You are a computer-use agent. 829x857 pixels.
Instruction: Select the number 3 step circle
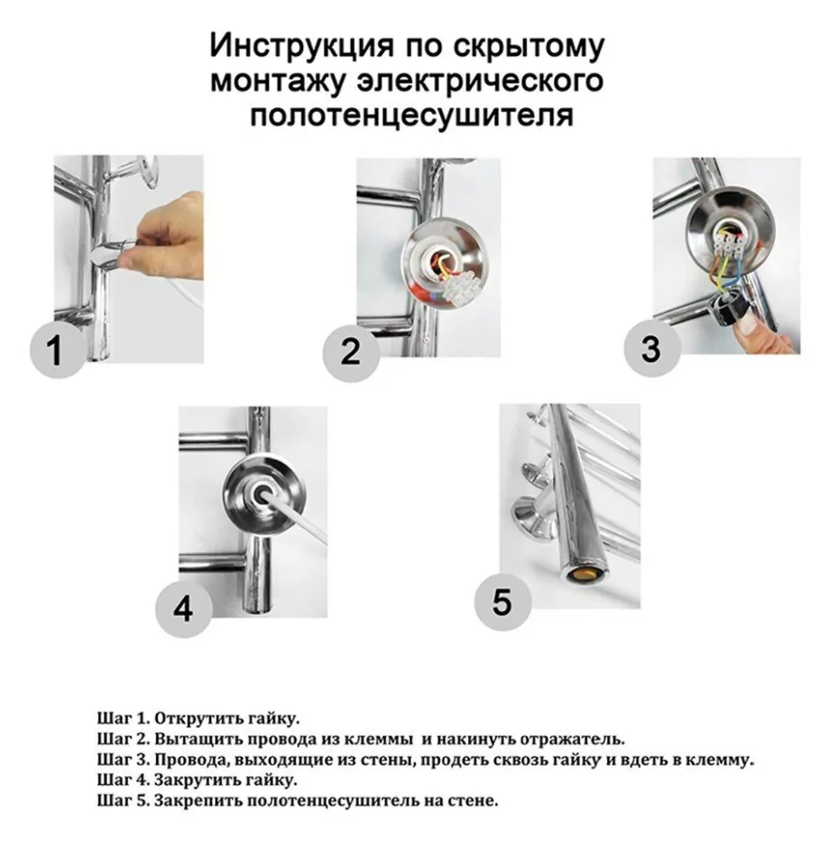click(650, 347)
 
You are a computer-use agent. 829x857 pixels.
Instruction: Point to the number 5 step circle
click(502, 601)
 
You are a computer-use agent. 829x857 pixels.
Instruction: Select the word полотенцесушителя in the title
click(410, 115)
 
